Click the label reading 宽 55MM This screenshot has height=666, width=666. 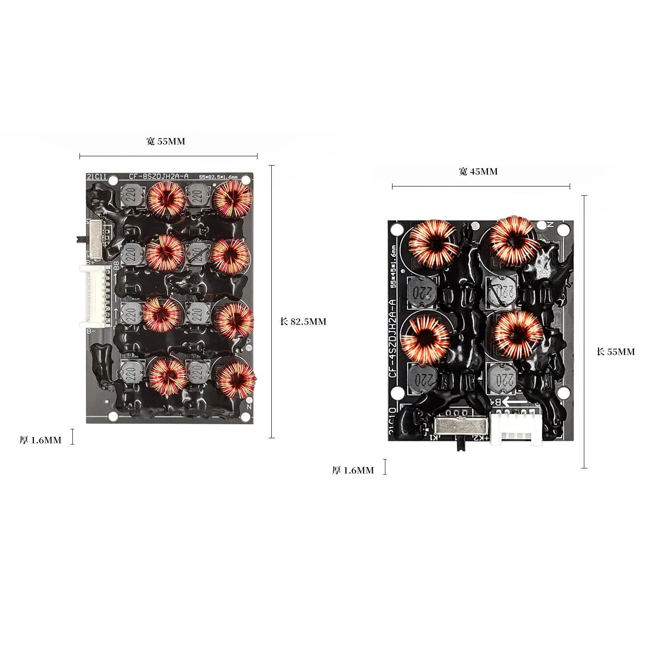click(166, 142)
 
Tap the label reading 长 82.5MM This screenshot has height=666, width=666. click(303, 322)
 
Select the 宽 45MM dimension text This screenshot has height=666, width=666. click(478, 172)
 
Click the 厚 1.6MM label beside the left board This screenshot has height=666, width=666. click(40, 440)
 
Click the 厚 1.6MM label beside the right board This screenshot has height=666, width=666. click(353, 470)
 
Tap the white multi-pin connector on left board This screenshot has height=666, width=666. click(96, 296)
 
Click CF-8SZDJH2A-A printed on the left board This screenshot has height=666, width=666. click(159, 176)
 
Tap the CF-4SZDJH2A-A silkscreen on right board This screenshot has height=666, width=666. click(392, 338)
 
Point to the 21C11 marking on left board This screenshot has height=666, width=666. click(97, 177)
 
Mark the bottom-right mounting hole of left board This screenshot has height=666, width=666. click(244, 416)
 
